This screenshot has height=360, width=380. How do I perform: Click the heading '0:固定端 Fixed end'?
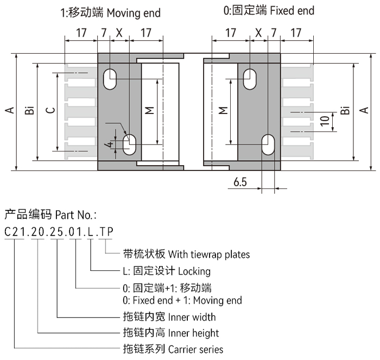(269, 10)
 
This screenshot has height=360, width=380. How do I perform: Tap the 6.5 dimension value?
(240, 182)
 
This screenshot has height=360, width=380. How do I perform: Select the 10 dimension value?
(324, 121)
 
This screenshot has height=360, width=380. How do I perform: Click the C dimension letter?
(50, 111)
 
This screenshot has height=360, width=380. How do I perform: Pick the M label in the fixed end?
(223, 111)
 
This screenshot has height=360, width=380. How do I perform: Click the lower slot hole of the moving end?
(130, 144)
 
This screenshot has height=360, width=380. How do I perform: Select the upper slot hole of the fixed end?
(250, 78)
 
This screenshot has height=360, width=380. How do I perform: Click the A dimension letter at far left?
(9, 111)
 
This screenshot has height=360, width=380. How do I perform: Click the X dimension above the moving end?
(119, 33)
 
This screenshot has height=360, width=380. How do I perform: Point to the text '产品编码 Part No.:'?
(50, 214)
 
